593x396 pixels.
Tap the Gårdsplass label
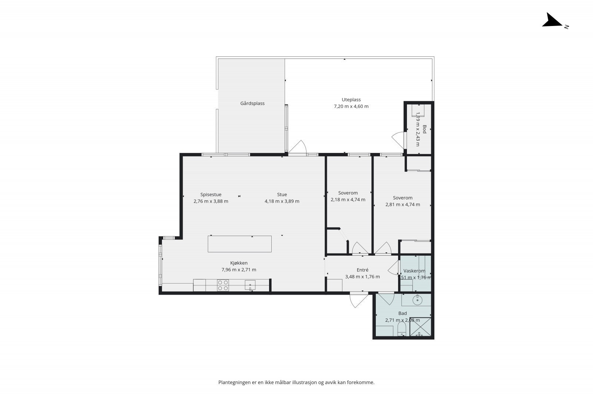[252, 104]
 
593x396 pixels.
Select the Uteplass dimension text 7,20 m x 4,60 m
[351, 106]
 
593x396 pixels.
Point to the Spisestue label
[211, 194]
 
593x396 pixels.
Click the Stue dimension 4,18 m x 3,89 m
[282, 201]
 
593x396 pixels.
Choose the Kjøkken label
[239, 263]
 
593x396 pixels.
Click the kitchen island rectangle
[239, 244]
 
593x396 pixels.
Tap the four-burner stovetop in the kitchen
[223, 285]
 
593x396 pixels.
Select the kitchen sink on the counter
[250, 285]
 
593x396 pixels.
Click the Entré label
[362, 270]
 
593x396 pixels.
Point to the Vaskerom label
[414, 271]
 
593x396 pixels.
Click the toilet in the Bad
[402, 329]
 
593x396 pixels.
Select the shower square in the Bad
[420, 327]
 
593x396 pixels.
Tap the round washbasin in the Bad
[417, 300]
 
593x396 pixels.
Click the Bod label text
[424, 129]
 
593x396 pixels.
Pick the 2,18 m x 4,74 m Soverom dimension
[348, 200]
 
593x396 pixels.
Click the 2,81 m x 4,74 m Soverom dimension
[402, 204]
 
